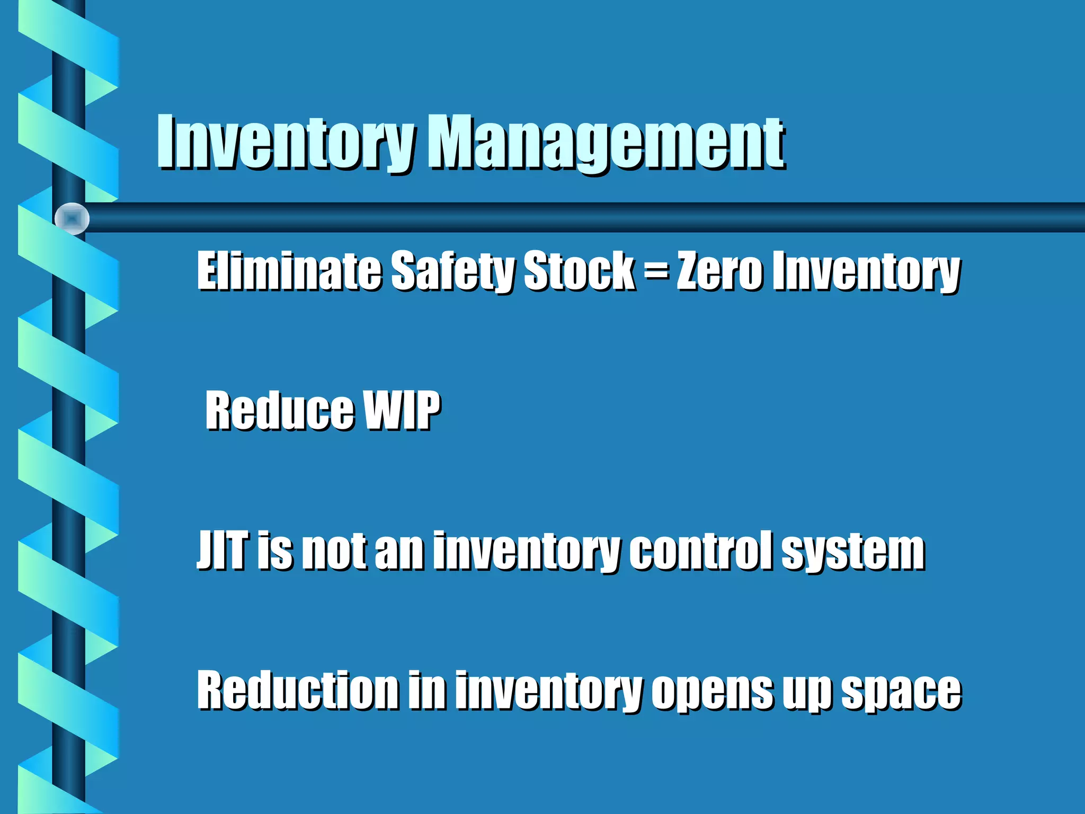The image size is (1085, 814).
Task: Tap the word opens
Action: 712,692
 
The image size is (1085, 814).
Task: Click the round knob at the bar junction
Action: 72,218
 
